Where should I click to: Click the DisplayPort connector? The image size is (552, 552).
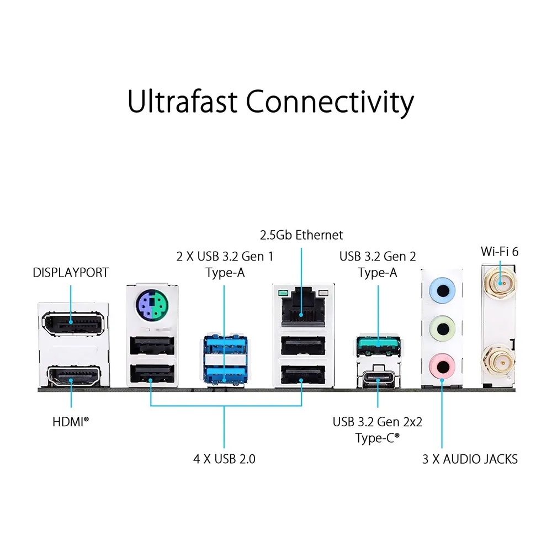point(73,323)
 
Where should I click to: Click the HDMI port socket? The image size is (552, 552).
point(74,376)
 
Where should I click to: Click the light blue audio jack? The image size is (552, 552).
point(442,290)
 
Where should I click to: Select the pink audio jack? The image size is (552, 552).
point(442,367)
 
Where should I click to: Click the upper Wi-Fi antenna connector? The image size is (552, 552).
point(500,282)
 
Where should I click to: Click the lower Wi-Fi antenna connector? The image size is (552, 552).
point(500,360)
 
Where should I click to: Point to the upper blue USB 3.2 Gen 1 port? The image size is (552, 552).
point(225,346)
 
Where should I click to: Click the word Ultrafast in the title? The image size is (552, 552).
point(182,102)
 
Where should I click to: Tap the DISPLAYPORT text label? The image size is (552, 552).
point(71,273)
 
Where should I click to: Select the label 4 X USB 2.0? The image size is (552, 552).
point(224,459)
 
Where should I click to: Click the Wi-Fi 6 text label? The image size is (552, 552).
point(500,251)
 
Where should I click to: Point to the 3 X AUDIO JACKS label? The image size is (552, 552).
point(470,459)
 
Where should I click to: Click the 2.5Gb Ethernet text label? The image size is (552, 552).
point(301,235)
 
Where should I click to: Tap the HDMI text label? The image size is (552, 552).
point(71,422)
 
